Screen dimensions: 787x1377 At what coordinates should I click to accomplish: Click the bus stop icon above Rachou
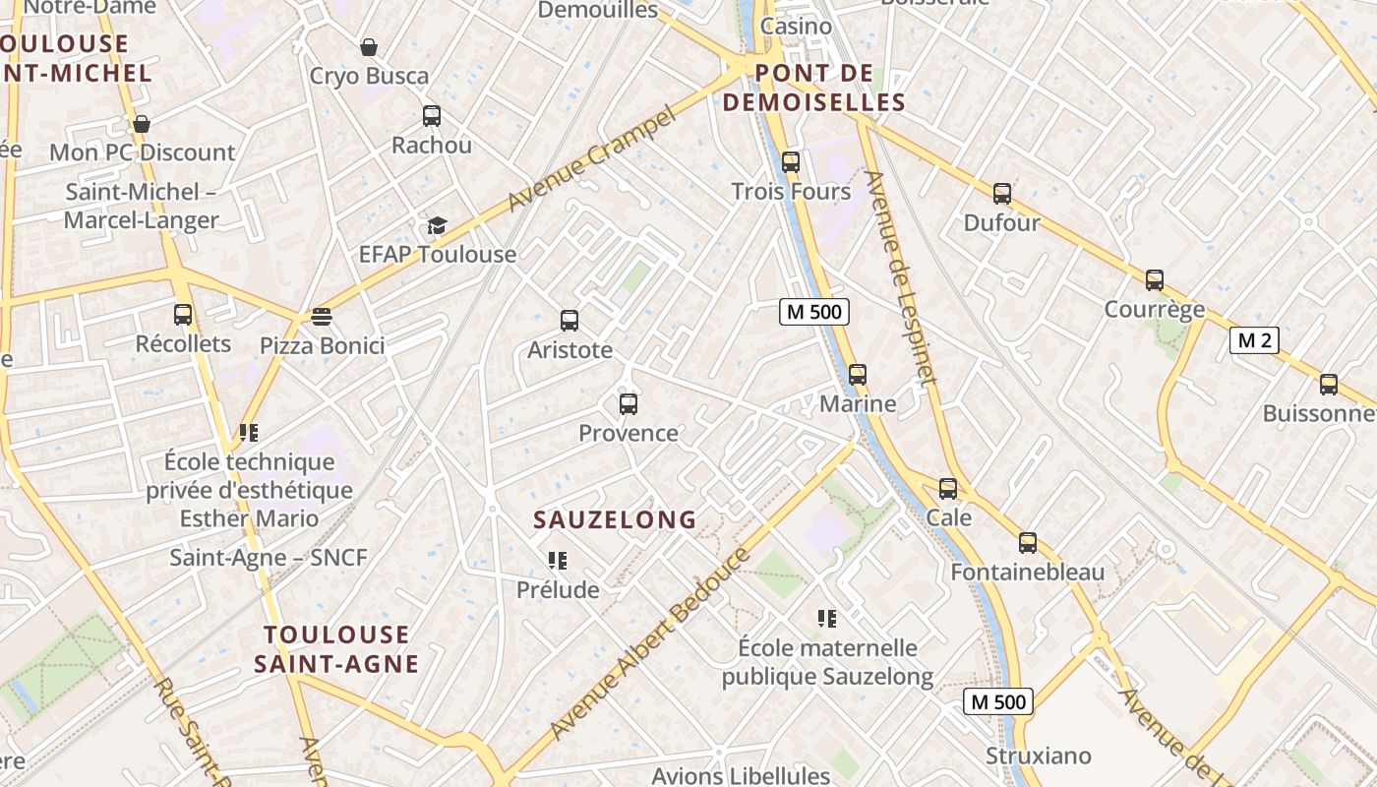(x=432, y=116)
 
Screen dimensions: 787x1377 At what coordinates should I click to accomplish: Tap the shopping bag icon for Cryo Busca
(x=369, y=47)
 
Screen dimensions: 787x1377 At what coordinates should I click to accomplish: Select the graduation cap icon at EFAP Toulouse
(x=437, y=226)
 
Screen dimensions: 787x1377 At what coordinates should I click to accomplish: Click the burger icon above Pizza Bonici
(x=322, y=316)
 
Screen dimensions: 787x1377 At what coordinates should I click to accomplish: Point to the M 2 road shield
(x=1254, y=340)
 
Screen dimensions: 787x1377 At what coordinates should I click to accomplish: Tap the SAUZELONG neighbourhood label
(x=615, y=519)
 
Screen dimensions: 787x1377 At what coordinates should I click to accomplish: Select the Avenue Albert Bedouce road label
(x=650, y=644)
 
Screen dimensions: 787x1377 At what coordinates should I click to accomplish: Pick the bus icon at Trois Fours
(x=790, y=162)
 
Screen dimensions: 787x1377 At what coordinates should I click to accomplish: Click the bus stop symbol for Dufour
(x=1002, y=194)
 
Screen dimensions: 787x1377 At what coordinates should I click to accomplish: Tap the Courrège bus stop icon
(x=1155, y=280)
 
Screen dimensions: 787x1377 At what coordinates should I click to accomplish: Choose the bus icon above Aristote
(x=569, y=321)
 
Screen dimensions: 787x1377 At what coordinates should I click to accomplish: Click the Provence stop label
(x=629, y=433)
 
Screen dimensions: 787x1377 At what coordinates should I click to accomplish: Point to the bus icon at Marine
(x=858, y=375)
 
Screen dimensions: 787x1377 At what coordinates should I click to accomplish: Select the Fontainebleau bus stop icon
(x=1028, y=543)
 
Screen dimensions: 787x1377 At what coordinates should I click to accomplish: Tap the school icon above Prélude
(x=558, y=561)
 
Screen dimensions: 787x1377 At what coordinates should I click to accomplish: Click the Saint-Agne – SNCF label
(x=269, y=558)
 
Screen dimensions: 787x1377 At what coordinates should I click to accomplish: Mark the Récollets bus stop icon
(x=183, y=315)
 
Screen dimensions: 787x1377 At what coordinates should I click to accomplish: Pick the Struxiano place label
(x=1039, y=756)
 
